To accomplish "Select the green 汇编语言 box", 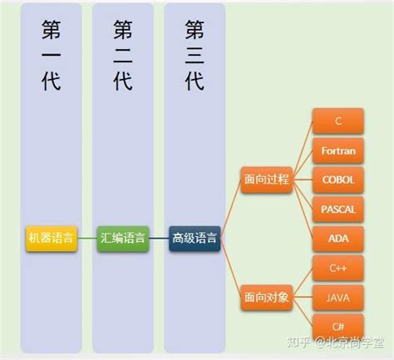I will (x=122, y=238).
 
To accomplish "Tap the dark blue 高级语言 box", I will (x=195, y=239).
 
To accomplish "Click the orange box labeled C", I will (x=338, y=121).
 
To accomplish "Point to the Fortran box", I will (x=338, y=150).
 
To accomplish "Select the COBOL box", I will (x=338, y=180).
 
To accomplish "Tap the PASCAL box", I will (x=338, y=209).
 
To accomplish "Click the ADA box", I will (x=338, y=238).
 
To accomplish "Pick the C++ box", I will (x=338, y=268).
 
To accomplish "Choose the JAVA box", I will (x=338, y=297).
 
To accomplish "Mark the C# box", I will (x=338, y=325).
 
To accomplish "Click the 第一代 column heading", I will (x=51, y=54).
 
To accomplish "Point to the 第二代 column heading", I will (x=123, y=54).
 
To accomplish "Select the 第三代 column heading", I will (x=195, y=54).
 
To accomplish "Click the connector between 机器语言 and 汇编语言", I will (x=86, y=239).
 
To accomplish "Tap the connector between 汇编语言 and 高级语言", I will (x=159, y=239).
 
